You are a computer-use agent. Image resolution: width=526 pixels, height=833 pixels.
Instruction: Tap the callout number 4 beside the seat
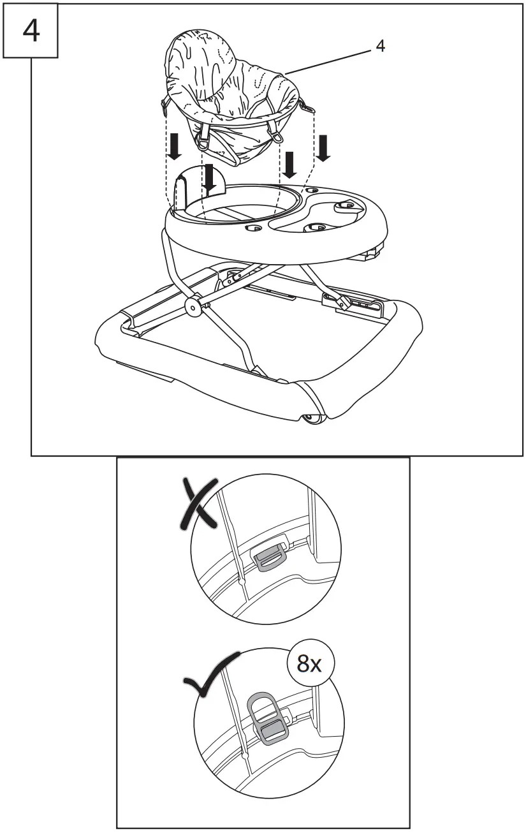380,46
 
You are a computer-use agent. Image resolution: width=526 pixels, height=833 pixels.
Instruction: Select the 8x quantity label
310,665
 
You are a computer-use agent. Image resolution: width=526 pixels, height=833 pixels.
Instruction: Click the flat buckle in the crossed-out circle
268,557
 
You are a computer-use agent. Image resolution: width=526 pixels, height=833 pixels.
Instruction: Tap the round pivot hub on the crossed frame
191,306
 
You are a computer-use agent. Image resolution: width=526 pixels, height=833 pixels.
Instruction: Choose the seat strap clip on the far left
164,102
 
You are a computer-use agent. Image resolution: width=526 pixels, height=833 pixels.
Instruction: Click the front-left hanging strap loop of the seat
205,135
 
